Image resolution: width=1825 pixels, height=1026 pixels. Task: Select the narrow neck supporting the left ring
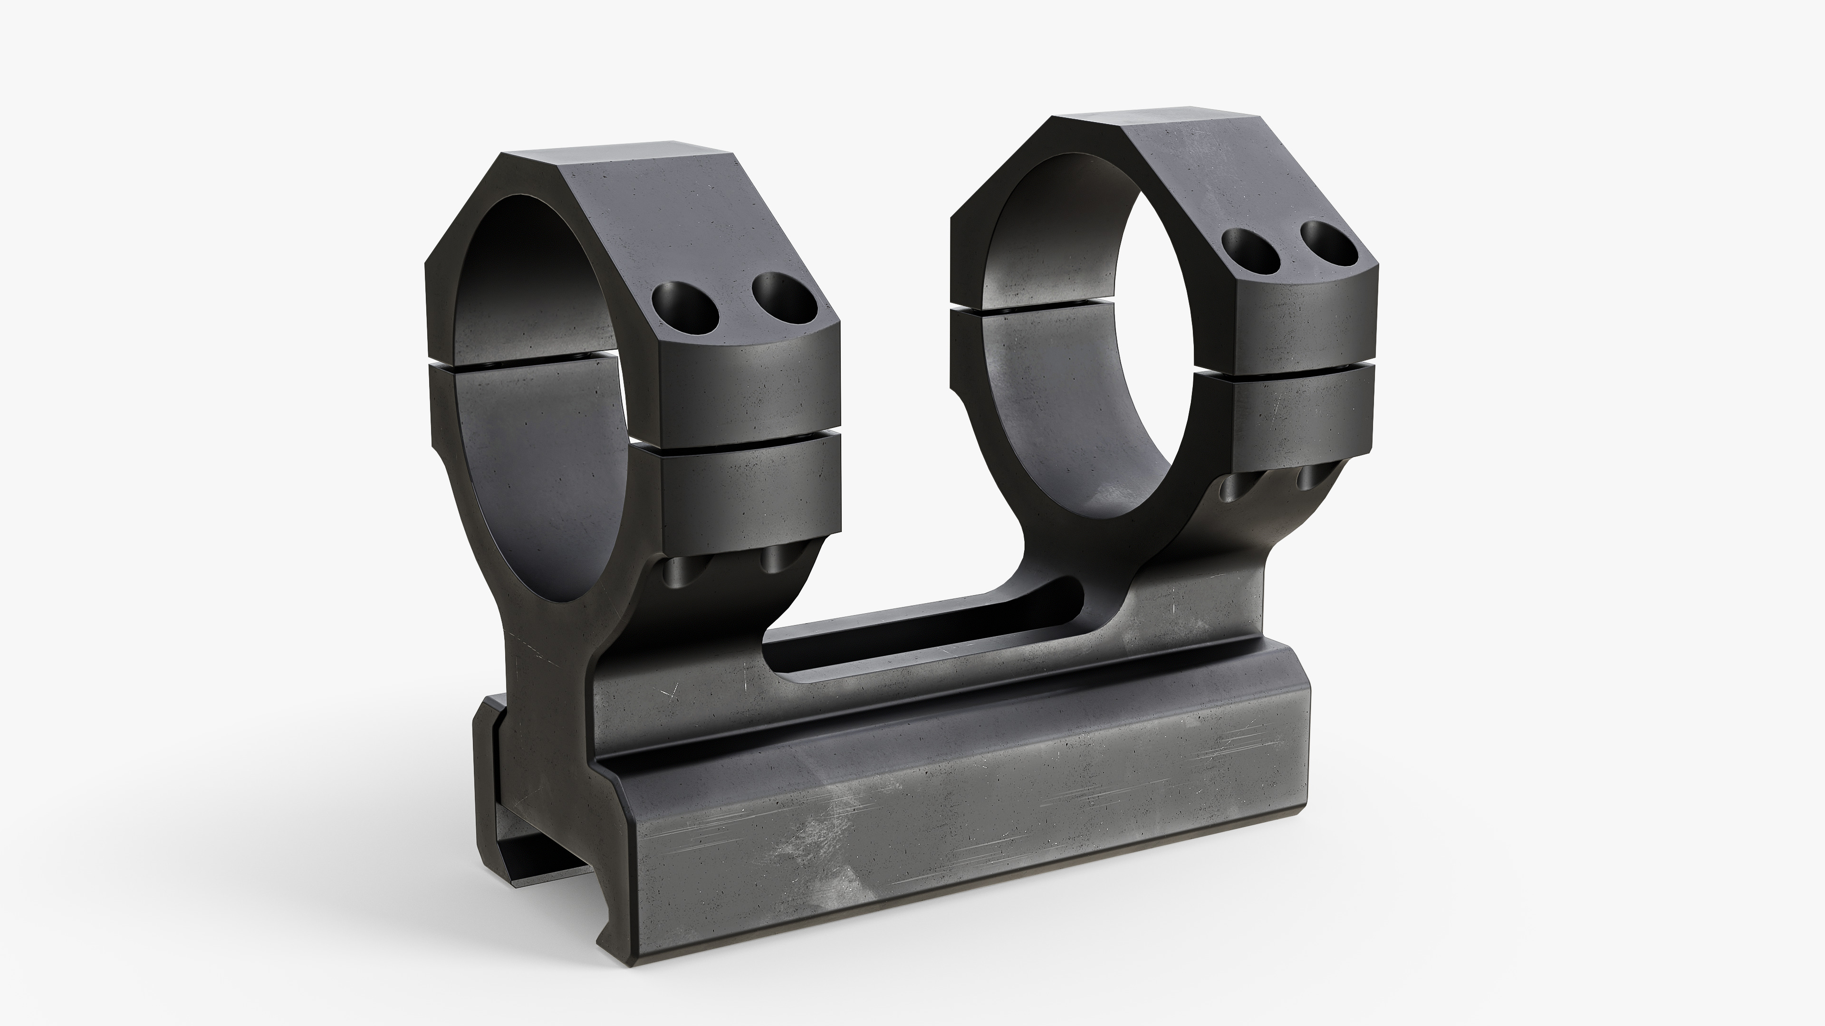[546, 651]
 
